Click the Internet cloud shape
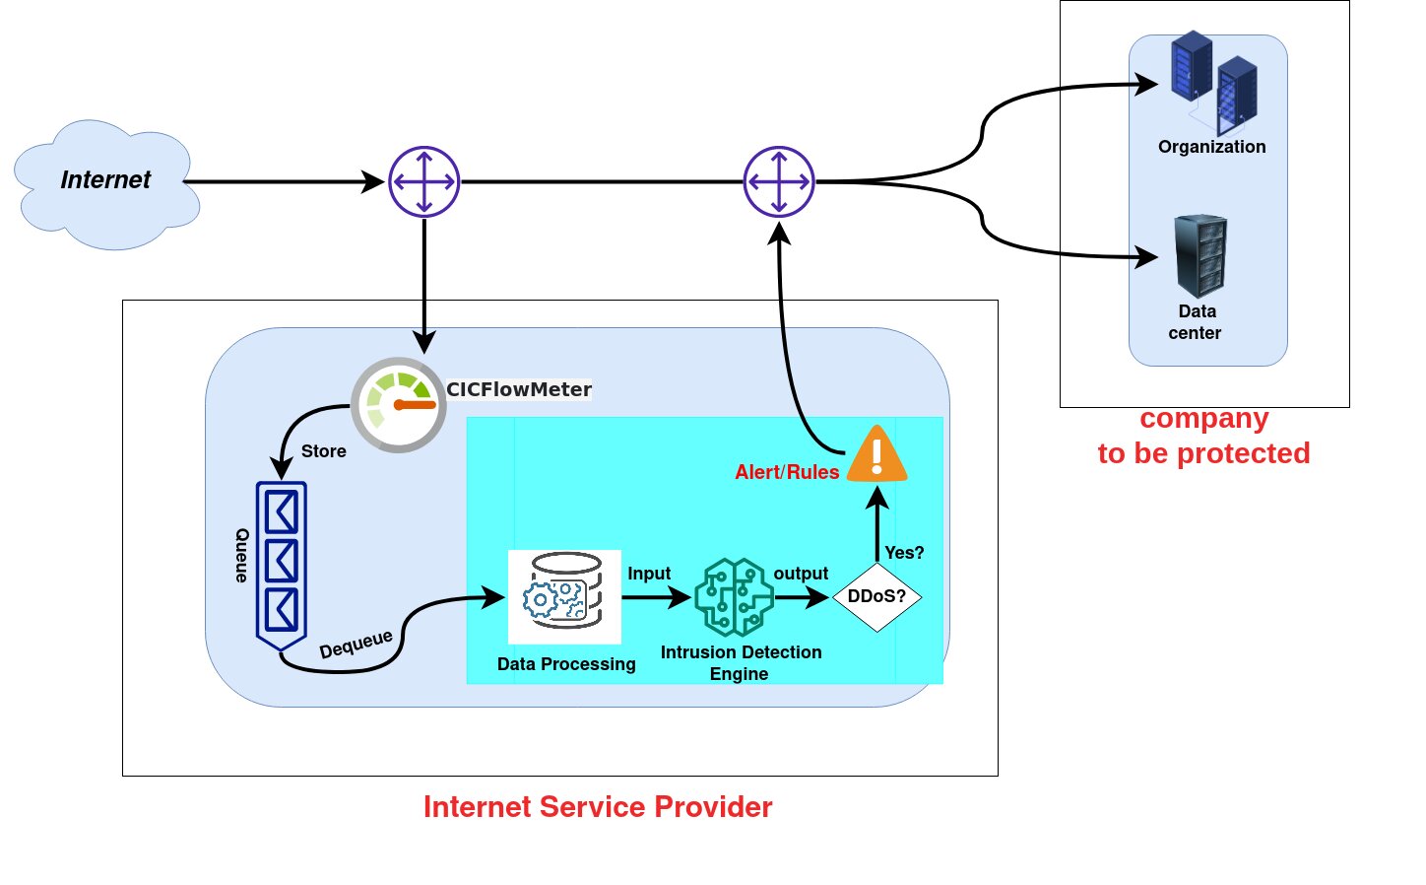pos(106,184)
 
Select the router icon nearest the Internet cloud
pos(424,182)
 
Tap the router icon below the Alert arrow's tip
pos(779,182)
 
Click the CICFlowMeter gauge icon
pos(399,405)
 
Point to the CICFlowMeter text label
pos(519,389)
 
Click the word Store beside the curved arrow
pos(324,451)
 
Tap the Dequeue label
pos(356,644)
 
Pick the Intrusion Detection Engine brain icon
pos(734,597)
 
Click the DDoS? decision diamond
pos(876,596)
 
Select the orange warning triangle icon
pos(877,455)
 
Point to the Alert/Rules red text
pos(787,472)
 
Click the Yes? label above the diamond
pos(904,553)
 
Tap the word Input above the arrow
pos(649,574)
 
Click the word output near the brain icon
pos(801,574)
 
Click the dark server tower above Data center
pos(1200,256)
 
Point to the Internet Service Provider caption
pos(598,807)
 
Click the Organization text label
pos(1211,147)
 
